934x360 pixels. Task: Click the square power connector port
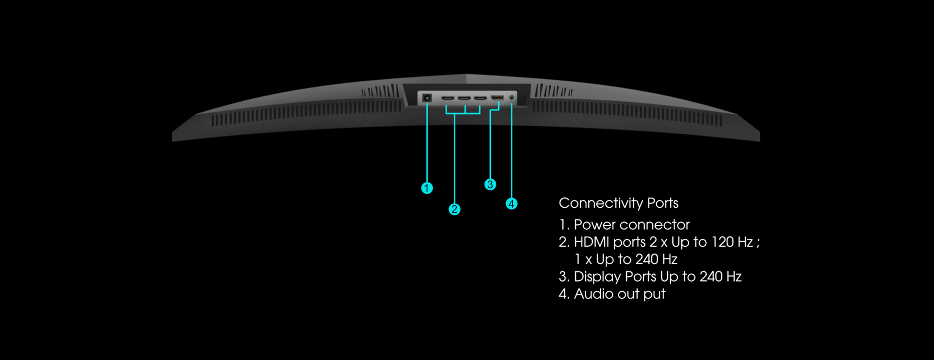coord(427,98)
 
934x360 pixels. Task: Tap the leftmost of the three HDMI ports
coord(448,98)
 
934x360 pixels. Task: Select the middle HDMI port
coord(464,98)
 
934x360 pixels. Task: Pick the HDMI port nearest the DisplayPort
coord(481,98)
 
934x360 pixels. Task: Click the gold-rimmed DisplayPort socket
coord(497,98)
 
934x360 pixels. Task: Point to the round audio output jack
coord(511,98)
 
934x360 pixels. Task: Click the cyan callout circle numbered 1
coord(427,188)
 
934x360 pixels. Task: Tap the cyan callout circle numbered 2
coord(454,209)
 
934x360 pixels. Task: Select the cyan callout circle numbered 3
coord(490,184)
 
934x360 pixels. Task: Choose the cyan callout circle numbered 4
coord(511,204)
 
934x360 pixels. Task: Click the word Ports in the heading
coord(663,203)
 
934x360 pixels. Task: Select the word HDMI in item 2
coord(592,242)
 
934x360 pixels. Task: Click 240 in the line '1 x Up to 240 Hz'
coord(647,259)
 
